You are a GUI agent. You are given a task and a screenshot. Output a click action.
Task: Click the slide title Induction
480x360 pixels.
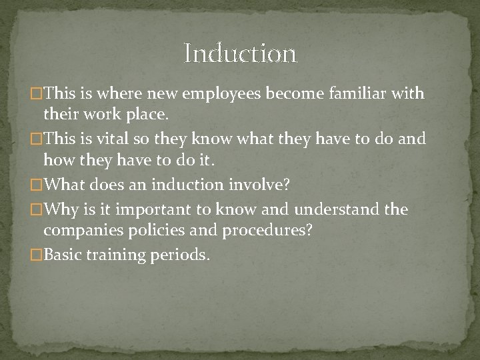tap(240, 53)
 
